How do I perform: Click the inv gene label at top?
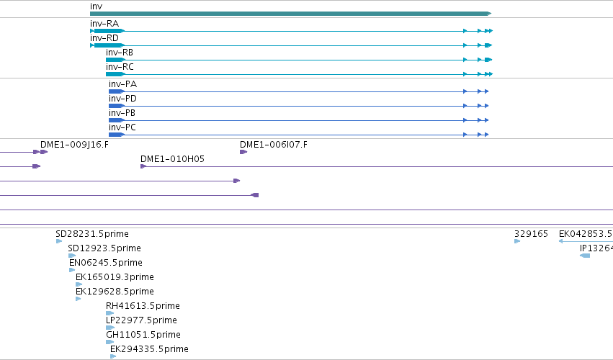[x=97, y=6]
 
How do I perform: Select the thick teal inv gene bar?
[x=290, y=14]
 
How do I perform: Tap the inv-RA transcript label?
[x=104, y=24]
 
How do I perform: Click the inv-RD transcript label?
[x=104, y=38]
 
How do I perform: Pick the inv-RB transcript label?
[x=120, y=53]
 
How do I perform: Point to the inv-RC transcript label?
[x=120, y=67]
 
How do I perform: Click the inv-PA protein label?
[x=122, y=84]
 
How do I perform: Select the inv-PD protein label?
[x=122, y=99]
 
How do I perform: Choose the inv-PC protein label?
[x=122, y=127]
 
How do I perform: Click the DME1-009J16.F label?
[x=74, y=145]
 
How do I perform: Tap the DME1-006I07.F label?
[x=274, y=145]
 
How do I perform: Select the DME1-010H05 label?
[x=172, y=159]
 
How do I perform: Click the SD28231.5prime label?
[x=92, y=234]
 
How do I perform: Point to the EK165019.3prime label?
[x=115, y=277]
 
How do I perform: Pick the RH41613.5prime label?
[x=143, y=306]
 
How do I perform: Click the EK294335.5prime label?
[x=149, y=349]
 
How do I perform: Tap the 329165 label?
[x=531, y=234]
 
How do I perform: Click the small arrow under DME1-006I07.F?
[x=243, y=152]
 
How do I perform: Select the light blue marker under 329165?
[x=517, y=241]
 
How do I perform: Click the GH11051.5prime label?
[x=143, y=335]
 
